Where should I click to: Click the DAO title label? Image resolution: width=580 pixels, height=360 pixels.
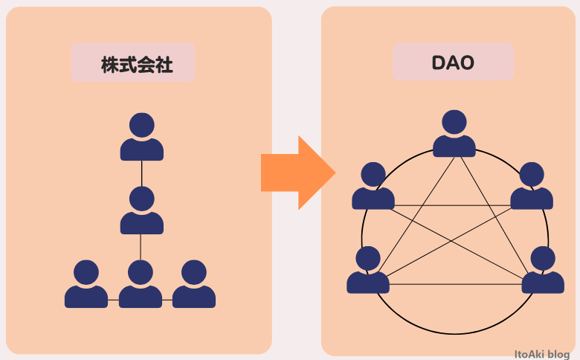[x=452, y=63]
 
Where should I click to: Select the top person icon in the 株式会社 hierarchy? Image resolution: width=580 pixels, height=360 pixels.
[x=141, y=138]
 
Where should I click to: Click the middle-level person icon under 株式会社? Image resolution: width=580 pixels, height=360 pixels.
[x=141, y=211]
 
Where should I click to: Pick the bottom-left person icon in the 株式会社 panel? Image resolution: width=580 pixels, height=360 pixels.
[x=86, y=286]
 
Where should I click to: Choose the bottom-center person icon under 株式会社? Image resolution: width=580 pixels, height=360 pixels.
[x=141, y=286]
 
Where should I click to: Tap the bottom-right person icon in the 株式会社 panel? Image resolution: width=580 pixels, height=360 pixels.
[x=194, y=286]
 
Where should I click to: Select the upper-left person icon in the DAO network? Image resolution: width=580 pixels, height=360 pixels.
[x=373, y=187]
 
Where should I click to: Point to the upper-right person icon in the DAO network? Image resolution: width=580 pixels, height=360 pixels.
[x=532, y=187]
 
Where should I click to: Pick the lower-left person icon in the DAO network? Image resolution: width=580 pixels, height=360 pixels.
[x=368, y=271]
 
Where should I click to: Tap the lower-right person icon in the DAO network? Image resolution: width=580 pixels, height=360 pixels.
[x=543, y=271]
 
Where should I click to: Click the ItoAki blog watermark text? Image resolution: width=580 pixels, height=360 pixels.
[x=542, y=354]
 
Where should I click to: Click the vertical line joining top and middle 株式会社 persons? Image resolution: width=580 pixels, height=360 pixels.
[x=141, y=173]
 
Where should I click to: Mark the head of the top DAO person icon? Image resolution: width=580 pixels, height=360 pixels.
[x=454, y=122]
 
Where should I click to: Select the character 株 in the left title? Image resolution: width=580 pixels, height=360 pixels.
[x=111, y=65]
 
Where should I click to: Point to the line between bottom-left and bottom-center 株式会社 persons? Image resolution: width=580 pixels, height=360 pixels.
[x=113, y=300]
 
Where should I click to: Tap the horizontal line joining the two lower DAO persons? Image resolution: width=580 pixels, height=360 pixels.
[x=455, y=284]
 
